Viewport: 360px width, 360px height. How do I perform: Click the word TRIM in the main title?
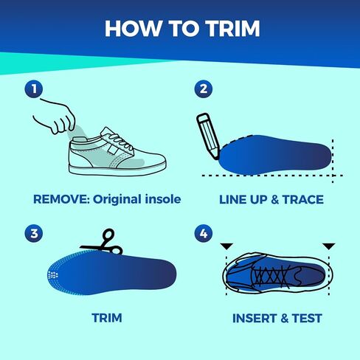coord(232,29)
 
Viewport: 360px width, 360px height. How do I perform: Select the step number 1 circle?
coord(34,89)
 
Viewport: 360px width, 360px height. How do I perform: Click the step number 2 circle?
coord(204,89)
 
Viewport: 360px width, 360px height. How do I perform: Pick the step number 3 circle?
coord(34,233)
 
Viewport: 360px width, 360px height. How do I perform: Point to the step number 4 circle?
coord(204,233)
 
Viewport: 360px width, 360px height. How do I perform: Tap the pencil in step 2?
coord(208,136)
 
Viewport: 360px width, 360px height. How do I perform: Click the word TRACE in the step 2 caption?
coord(303,199)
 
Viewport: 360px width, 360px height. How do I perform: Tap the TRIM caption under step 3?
coord(107,318)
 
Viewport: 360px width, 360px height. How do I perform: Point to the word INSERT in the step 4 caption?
coord(255,318)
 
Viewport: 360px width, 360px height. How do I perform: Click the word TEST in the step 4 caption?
coord(307,318)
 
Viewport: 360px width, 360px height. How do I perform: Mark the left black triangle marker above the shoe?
coord(226,246)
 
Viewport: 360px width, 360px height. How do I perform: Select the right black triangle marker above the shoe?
coord(329,246)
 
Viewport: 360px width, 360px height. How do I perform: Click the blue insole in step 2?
coord(275,153)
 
